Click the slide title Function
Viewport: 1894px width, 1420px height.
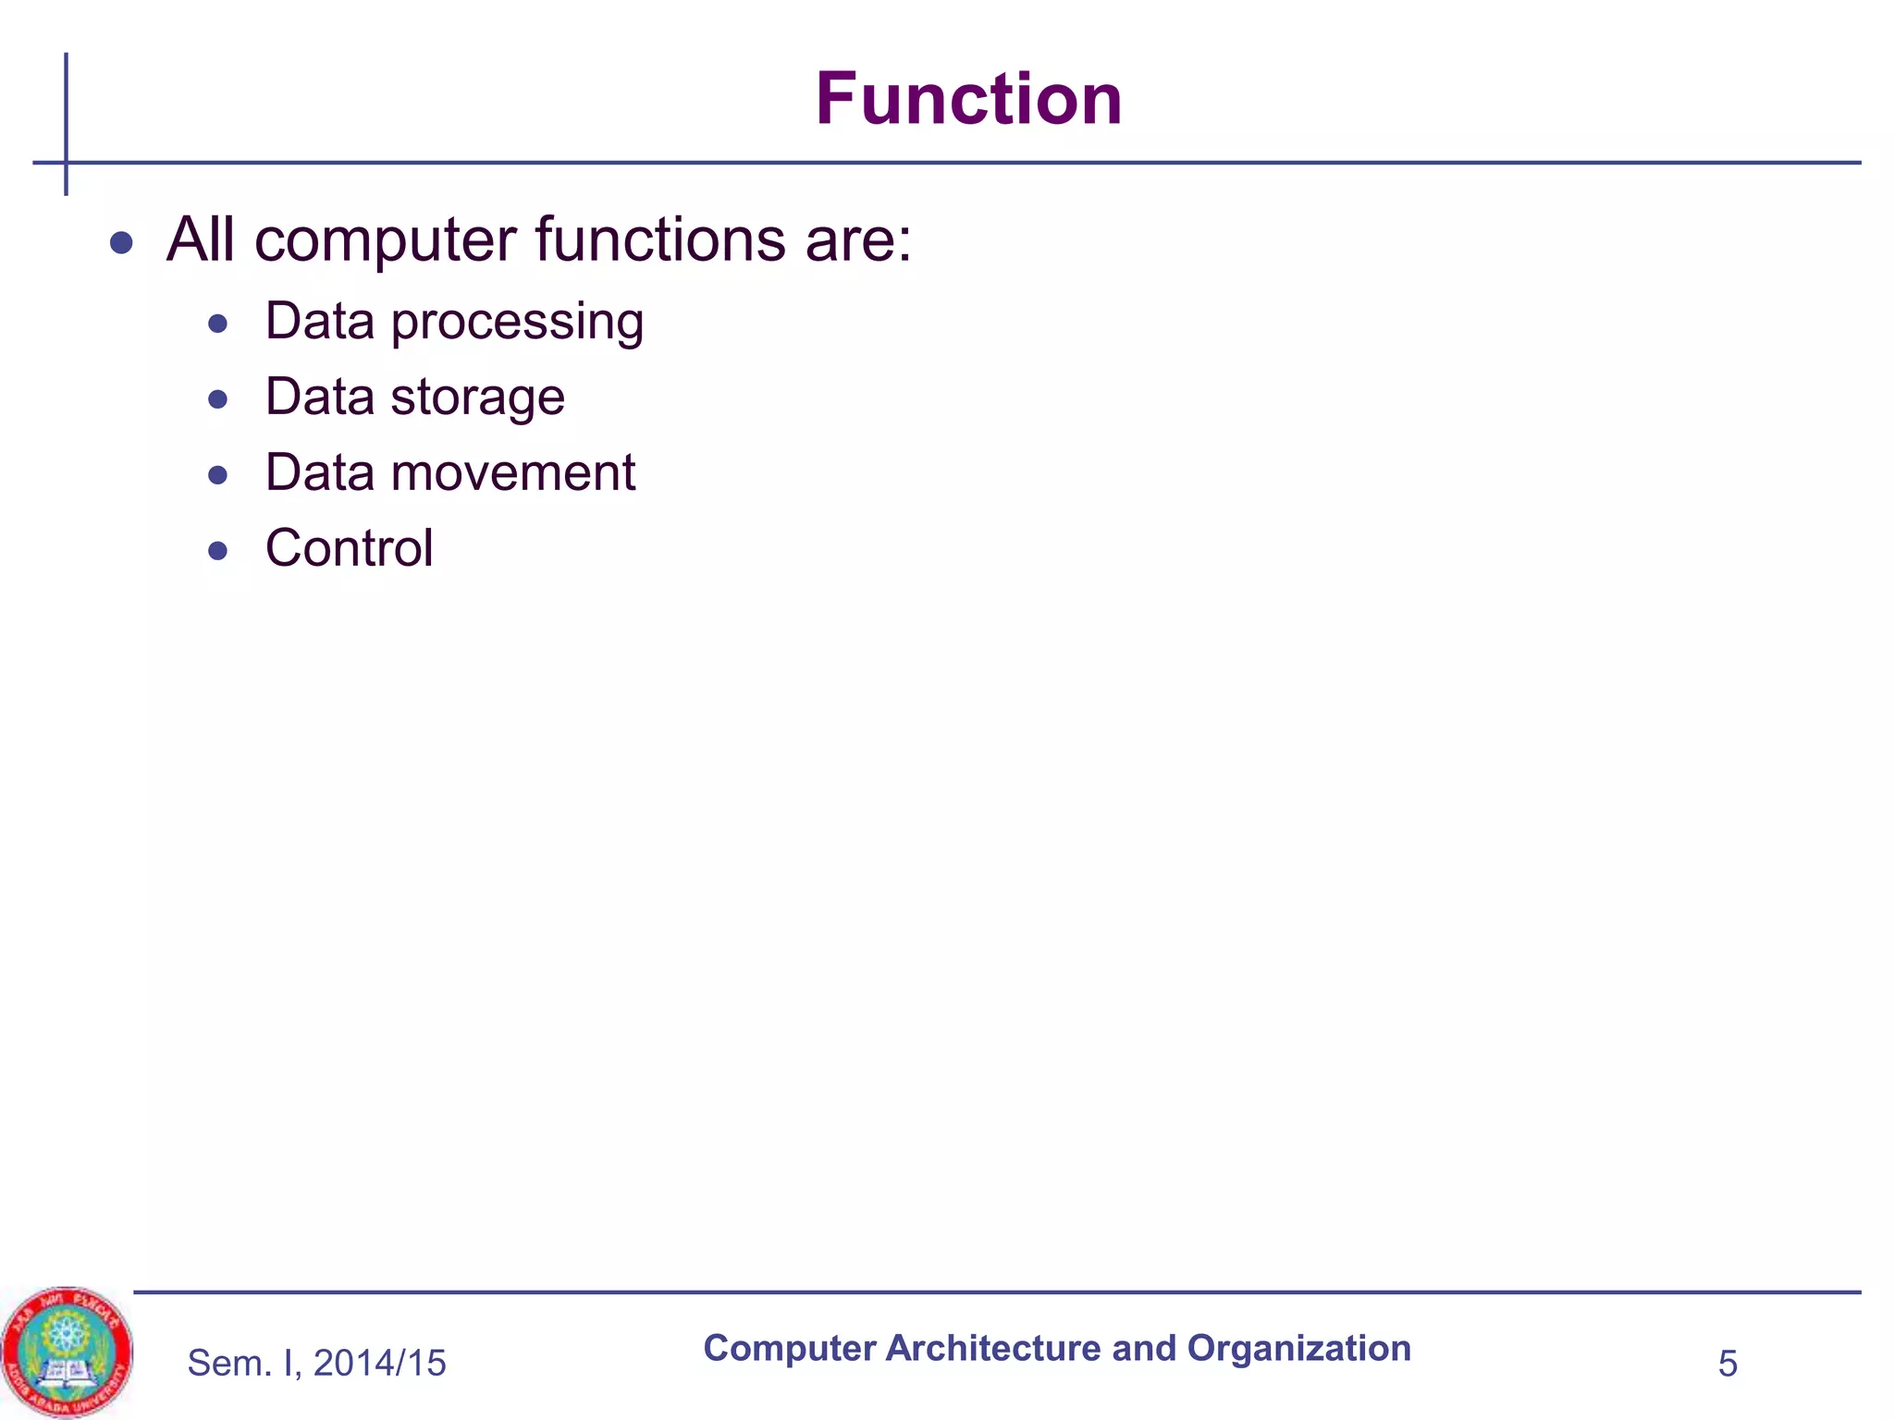(968, 99)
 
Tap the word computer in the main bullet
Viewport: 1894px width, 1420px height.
(386, 240)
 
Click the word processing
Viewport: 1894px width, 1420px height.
(517, 324)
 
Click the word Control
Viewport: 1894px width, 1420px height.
(349, 548)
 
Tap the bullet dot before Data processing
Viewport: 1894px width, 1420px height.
(218, 324)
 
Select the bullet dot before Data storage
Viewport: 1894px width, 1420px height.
(218, 399)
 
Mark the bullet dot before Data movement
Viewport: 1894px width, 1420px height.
(218, 475)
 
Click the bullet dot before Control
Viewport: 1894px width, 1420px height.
(218, 551)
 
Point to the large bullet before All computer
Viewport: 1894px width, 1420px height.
(121, 243)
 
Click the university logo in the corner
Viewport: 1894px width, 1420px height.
(67, 1352)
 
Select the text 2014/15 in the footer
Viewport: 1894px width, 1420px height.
(379, 1364)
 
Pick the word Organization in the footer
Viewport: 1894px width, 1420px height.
(1298, 1349)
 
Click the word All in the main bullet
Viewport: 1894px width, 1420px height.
(200, 239)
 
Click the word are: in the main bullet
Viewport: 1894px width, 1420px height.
(857, 240)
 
